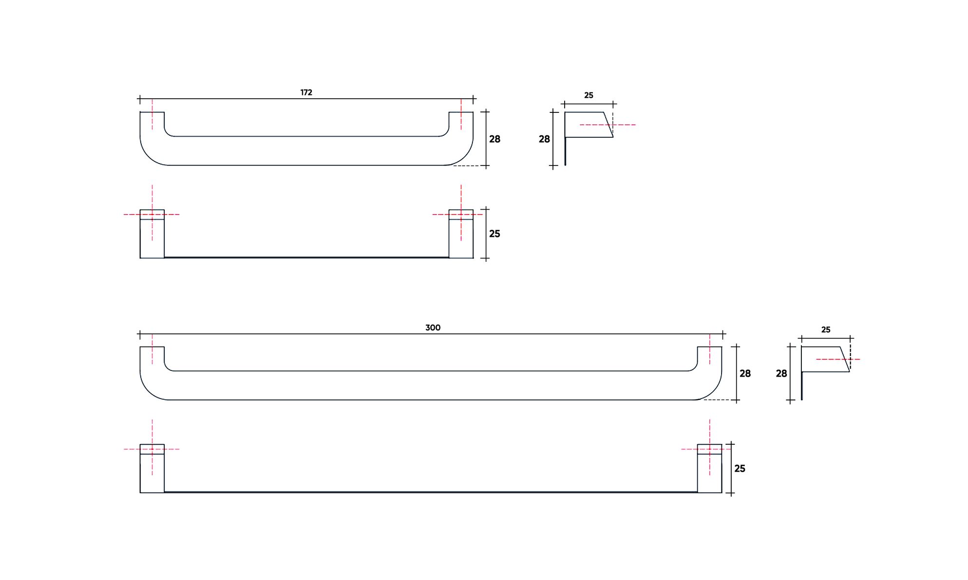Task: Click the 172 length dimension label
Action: pos(306,92)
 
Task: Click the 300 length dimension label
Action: pos(433,328)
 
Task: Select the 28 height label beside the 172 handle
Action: pos(494,139)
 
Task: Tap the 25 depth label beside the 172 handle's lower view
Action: pos(494,234)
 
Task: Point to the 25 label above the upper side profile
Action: pos(588,95)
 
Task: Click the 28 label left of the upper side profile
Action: pos(544,139)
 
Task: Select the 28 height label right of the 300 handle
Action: pos(745,374)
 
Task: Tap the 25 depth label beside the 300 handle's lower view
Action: pos(740,469)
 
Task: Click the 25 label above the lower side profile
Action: pos(826,330)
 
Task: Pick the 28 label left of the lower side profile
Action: pos(781,374)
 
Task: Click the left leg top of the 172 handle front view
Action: pos(152,119)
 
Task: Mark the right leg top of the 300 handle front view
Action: pos(709,354)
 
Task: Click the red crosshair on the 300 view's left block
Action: pos(152,449)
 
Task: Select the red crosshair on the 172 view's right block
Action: pos(461,215)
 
